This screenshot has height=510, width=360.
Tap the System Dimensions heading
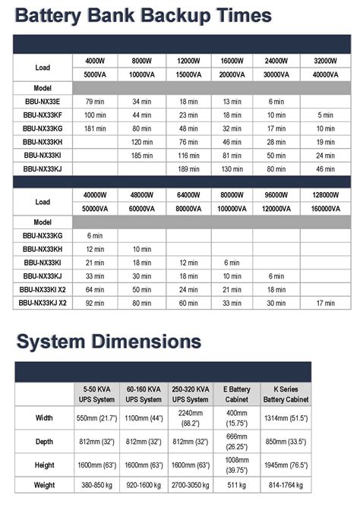click(109, 341)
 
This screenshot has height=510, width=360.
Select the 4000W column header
click(96, 60)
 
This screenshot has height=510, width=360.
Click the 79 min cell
click(95, 101)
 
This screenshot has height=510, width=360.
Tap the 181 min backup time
click(95, 128)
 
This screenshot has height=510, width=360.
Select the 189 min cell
click(188, 169)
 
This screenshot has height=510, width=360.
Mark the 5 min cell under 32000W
click(325, 115)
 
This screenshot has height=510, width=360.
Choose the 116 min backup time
click(188, 156)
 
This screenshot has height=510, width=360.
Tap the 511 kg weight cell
click(236, 484)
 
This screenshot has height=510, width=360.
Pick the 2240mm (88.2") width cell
click(188, 418)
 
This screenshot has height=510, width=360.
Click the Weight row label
click(44, 484)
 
